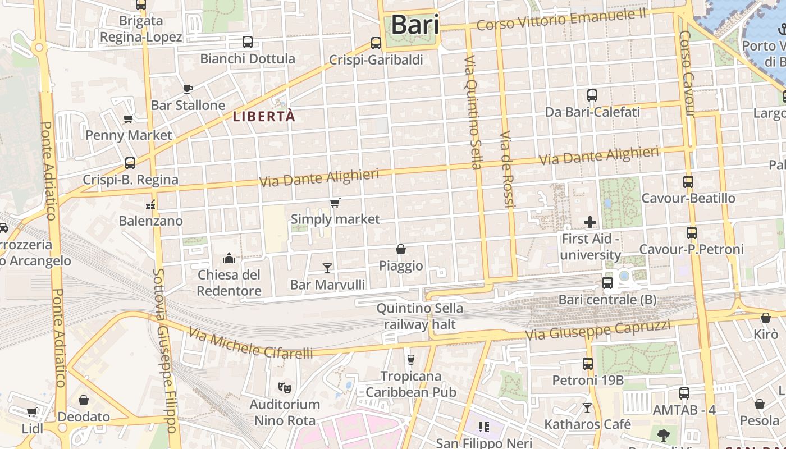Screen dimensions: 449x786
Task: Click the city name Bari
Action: coord(415,25)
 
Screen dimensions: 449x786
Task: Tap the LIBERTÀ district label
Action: coord(264,117)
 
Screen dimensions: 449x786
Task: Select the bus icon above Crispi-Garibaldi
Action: coord(376,43)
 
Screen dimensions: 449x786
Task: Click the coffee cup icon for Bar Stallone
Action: coord(188,89)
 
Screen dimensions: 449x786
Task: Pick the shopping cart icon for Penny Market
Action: coord(129,118)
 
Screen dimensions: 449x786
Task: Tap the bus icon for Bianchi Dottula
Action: coord(247,42)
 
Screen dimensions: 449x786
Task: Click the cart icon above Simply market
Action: coord(335,203)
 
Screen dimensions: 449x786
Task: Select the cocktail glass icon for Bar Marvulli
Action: coord(327,268)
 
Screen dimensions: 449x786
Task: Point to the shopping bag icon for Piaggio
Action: coord(401,249)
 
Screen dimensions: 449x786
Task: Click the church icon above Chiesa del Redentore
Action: coord(229,258)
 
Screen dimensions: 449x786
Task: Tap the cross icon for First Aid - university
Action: coord(589,222)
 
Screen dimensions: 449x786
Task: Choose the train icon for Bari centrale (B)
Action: coord(607,283)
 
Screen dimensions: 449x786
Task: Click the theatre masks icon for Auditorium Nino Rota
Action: coord(285,387)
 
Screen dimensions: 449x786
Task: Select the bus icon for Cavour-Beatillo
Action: coord(688,181)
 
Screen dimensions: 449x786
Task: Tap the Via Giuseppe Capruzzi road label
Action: coord(598,331)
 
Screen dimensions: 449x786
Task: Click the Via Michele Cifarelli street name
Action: coord(250,343)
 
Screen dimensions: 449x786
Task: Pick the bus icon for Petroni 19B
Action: coord(587,364)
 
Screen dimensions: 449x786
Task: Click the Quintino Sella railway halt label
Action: coord(419,316)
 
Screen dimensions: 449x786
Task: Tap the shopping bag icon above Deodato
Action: coord(84,400)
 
